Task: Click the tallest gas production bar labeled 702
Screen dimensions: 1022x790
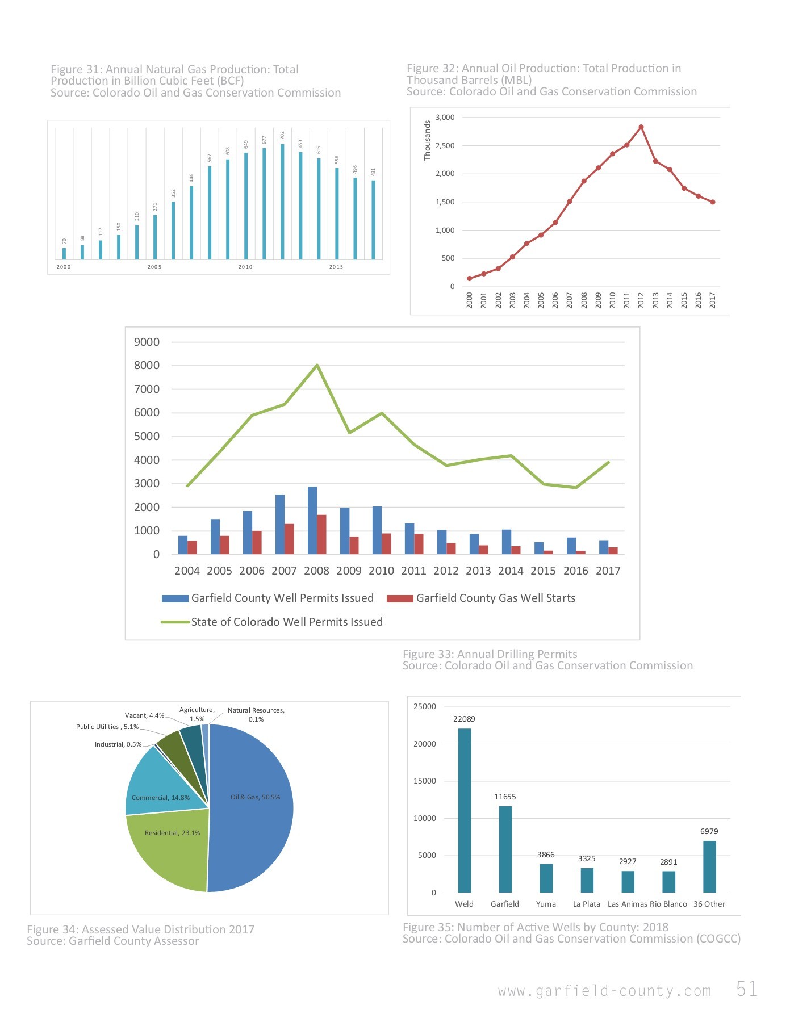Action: tap(282, 201)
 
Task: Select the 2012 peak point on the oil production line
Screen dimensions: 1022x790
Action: tap(641, 127)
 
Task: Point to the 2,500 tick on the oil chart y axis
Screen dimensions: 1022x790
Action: tap(445, 146)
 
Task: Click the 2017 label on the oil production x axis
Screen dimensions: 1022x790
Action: tap(713, 300)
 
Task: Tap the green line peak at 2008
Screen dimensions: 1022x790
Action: tap(317, 365)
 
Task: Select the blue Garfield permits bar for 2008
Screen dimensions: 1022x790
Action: tap(312, 520)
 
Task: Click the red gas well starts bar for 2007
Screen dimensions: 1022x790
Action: tap(289, 539)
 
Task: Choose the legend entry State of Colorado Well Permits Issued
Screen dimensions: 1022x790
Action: tap(286, 622)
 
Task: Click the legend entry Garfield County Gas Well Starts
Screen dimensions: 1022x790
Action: tap(495, 598)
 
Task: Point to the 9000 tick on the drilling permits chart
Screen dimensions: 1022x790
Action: tap(147, 342)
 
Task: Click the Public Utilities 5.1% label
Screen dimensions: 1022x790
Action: tap(107, 727)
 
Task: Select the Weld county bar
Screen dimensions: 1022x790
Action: tap(464, 810)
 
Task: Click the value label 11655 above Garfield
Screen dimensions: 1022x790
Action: tap(505, 797)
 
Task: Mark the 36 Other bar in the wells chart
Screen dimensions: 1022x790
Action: tap(709, 866)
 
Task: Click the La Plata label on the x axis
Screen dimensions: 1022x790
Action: tap(586, 904)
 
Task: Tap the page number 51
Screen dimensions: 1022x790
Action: tap(746, 989)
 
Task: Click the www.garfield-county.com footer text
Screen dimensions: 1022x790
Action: tap(604, 991)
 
